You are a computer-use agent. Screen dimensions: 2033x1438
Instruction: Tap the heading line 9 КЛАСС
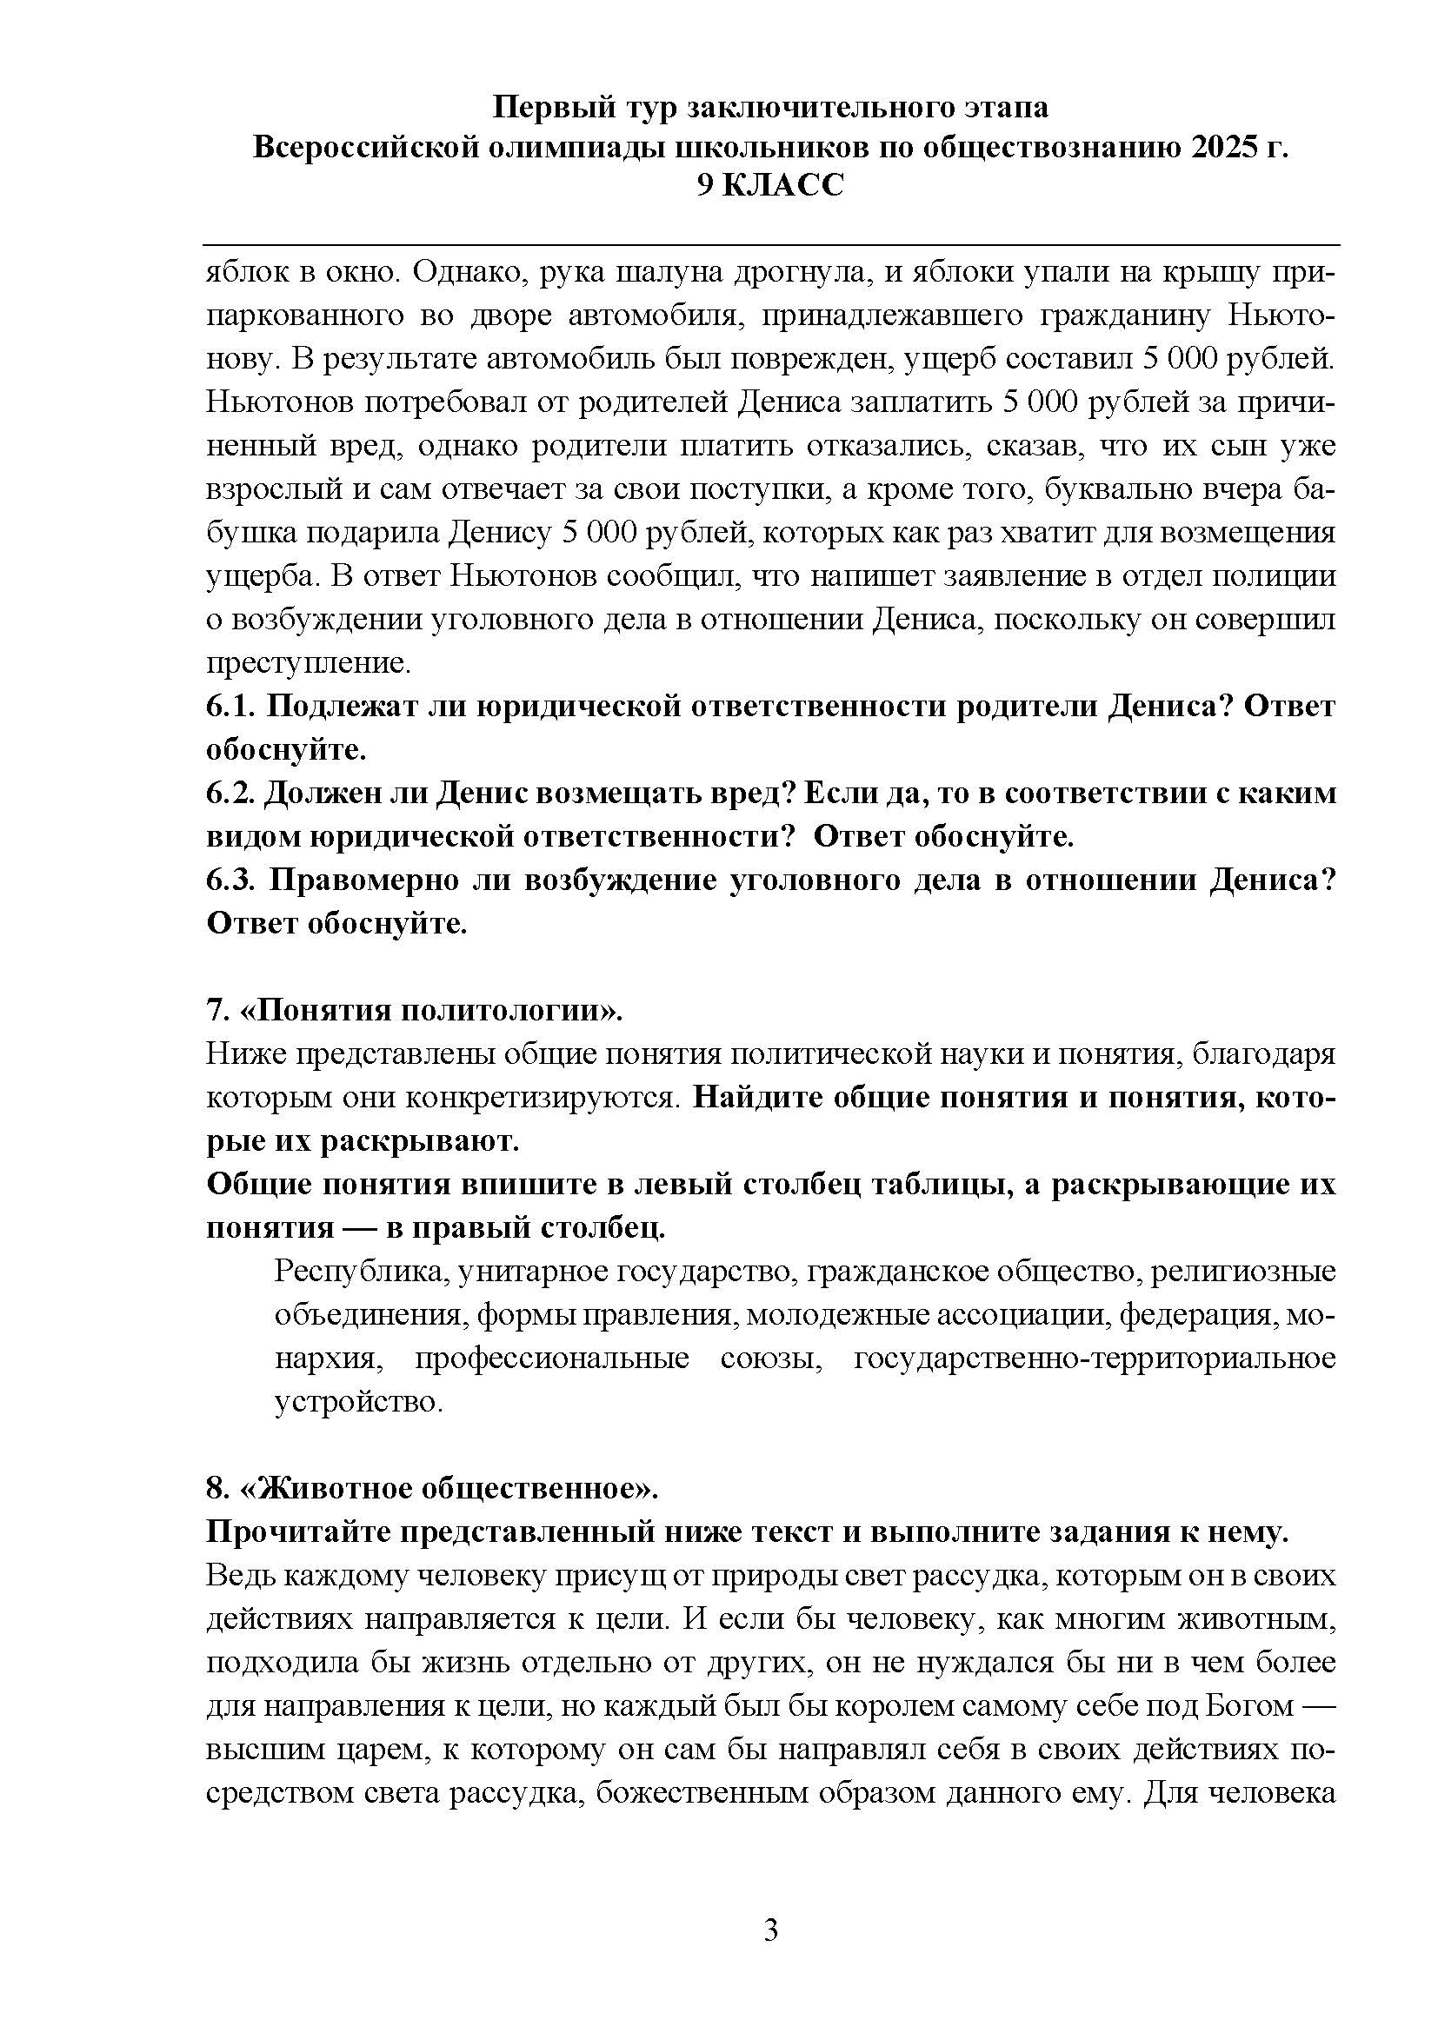click(770, 185)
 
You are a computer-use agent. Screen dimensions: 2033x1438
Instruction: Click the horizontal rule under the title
click(770, 244)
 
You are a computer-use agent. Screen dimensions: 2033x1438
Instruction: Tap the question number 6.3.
click(231, 880)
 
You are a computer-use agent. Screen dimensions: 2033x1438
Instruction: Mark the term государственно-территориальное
click(1095, 1359)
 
